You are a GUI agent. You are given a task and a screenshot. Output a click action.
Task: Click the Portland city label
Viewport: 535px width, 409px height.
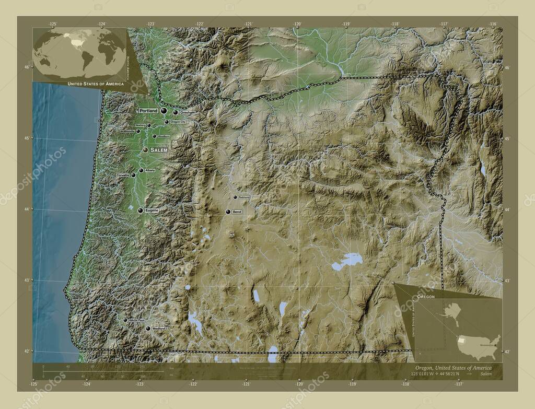click(148, 111)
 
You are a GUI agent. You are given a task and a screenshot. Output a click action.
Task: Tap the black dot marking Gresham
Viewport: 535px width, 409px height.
click(176, 112)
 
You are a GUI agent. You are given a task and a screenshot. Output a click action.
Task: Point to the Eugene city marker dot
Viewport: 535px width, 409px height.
click(140, 211)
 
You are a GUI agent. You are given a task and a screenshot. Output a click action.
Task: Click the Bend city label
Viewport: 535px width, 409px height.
click(237, 212)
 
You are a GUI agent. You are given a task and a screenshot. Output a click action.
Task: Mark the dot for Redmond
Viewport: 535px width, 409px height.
click(235, 197)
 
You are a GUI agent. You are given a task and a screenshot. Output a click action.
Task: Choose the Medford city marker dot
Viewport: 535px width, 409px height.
click(148, 329)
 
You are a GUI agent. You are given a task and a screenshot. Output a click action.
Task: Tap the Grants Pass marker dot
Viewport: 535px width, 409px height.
click(125, 320)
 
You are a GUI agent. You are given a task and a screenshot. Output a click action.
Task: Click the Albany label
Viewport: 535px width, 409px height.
click(150, 170)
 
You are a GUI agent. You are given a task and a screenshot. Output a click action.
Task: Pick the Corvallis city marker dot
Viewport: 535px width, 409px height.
click(134, 176)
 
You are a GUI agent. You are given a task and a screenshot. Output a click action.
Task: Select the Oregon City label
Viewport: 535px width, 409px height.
click(178, 122)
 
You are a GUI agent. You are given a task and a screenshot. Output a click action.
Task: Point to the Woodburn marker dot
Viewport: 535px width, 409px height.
click(154, 136)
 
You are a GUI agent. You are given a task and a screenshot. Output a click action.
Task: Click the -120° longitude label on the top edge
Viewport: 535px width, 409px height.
click(297, 24)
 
